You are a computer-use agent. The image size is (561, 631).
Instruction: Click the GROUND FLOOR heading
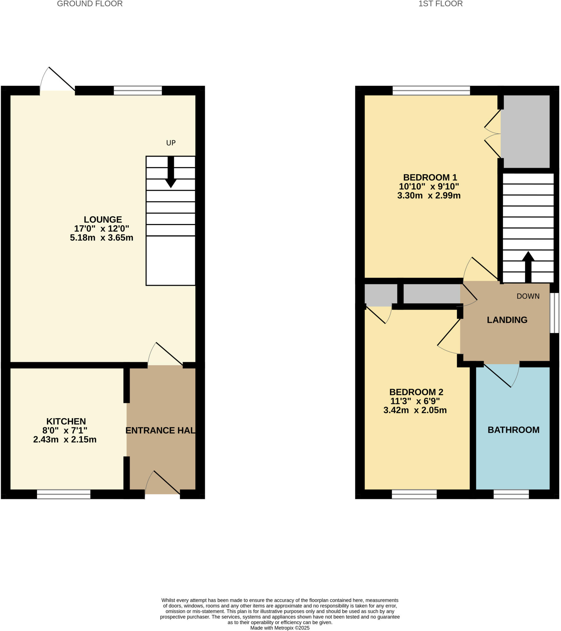tap(90, 4)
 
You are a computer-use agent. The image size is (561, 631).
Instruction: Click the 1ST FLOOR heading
tap(440, 4)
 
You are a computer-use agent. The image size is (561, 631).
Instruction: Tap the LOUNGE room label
tap(103, 219)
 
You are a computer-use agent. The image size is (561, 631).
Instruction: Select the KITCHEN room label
tap(66, 421)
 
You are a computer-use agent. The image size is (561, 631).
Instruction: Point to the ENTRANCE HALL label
tap(160, 430)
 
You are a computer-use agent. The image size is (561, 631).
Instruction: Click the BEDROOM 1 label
tap(430, 177)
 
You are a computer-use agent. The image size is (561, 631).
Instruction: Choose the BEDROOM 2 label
tap(416, 392)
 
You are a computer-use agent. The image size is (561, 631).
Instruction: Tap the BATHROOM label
tap(513, 430)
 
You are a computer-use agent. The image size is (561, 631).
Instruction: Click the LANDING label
tap(507, 320)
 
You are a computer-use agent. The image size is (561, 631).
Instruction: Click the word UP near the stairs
tap(171, 143)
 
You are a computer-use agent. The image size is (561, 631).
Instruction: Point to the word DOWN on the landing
tap(528, 296)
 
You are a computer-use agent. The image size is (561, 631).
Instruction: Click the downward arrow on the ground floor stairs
tap(171, 173)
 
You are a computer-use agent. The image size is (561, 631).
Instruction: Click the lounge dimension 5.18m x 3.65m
tap(102, 238)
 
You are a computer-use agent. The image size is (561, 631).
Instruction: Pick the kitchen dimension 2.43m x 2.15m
tap(65, 440)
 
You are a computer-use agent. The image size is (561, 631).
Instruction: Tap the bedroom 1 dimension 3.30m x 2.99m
tap(429, 195)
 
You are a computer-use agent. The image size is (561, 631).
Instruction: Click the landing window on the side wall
tap(555, 313)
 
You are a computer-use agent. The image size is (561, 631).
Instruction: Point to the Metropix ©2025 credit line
tap(280, 628)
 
